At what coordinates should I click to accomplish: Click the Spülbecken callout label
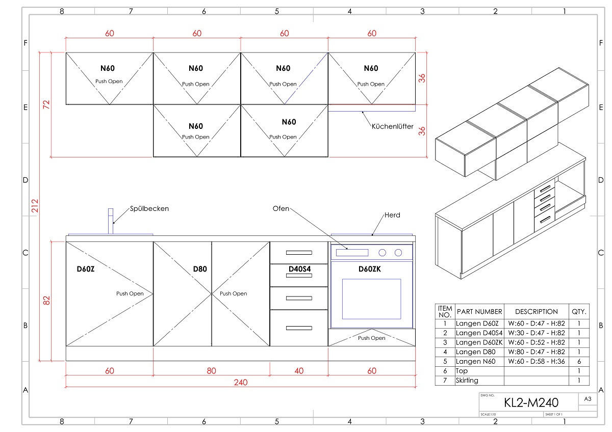coord(149,208)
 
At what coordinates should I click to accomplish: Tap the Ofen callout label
coord(280,208)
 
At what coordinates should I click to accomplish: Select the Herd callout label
coord(392,215)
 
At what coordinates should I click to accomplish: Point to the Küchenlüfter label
coord(392,126)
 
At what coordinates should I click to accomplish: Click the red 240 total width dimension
coord(241,383)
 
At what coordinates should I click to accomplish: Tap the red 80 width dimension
coord(212,371)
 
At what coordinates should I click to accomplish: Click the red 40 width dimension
coord(299,371)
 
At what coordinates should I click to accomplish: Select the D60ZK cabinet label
coord(370,268)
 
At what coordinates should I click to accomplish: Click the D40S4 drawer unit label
coord(299,268)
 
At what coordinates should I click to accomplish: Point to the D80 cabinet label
coord(199,268)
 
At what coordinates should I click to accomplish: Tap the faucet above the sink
coord(111,221)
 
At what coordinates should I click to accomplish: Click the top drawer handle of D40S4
coord(299,252)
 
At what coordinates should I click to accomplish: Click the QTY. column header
coord(579,311)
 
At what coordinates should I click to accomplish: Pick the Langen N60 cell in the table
coord(479,361)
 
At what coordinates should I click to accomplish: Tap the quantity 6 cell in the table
coord(579,361)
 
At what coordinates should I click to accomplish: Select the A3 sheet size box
coord(587,399)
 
